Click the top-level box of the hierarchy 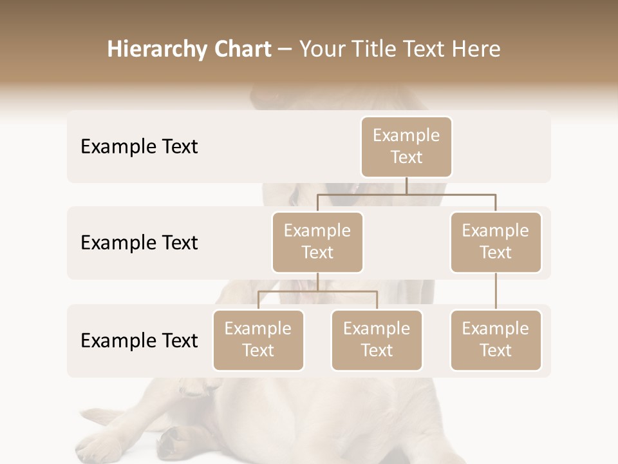click(406, 146)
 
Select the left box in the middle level click(317, 242)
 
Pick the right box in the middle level click(495, 242)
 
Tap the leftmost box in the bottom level click(258, 340)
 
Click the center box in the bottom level click(377, 340)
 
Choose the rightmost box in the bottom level click(495, 340)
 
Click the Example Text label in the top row click(139, 146)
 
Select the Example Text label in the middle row click(139, 242)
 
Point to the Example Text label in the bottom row click(139, 340)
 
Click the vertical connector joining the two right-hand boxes click(495, 291)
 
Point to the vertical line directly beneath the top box click(406, 186)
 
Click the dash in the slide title click(285, 50)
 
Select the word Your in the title click(321, 50)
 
